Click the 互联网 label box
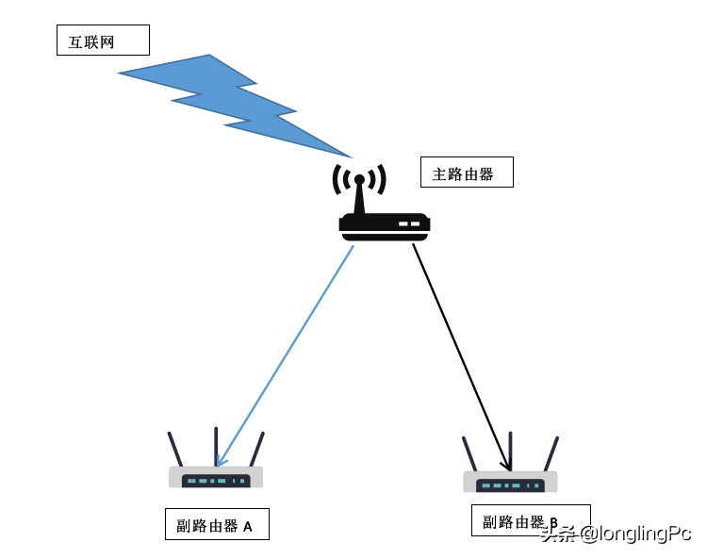pyautogui.click(x=103, y=41)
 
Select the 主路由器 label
pyautogui.click(x=467, y=173)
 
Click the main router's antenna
pyautogui.click(x=359, y=193)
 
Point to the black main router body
pyautogui.click(x=384, y=225)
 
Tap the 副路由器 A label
pyautogui.click(x=217, y=525)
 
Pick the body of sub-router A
pyautogui.click(x=216, y=478)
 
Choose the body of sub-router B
pyautogui.click(x=510, y=483)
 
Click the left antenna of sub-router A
pyautogui.click(x=174, y=450)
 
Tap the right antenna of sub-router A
pyautogui.click(x=256, y=449)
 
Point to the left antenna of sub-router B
pyautogui.click(x=469, y=454)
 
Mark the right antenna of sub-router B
pyautogui.click(x=551, y=453)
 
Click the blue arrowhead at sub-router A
pyautogui.click(x=220, y=460)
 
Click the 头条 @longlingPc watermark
pyautogui.click(x=616, y=534)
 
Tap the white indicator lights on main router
pyautogui.click(x=409, y=223)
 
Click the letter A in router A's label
pyautogui.click(x=248, y=526)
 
